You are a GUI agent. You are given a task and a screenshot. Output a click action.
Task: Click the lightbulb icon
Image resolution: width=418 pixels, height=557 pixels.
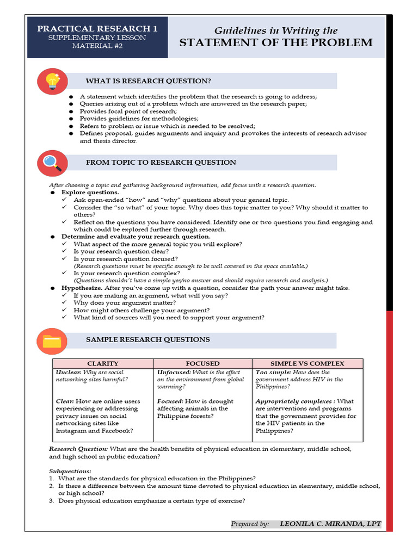point(52,81)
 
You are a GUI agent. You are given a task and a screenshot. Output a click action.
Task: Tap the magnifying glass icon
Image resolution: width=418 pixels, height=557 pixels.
point(52,162)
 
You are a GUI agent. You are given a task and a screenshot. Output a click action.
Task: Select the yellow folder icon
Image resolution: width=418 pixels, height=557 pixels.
point(52,341)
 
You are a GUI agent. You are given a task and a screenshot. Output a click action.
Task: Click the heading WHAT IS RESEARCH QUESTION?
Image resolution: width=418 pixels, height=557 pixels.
point(148,81)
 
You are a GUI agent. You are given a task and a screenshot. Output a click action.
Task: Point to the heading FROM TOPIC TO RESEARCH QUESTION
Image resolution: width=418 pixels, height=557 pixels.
point(161,162)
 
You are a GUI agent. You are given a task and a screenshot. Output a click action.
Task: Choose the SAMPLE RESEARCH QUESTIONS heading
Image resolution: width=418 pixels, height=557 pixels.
point(147,339)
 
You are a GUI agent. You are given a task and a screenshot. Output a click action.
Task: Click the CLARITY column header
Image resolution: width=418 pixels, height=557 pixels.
point(103,363)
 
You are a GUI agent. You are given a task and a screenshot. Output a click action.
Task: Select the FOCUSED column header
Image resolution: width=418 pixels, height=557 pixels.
point(202,363)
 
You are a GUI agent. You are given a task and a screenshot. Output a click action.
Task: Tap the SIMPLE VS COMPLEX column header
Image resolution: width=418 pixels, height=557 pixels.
point(307,363)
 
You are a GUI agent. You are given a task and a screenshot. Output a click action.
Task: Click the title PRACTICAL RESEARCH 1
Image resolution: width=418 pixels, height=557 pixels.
point(97,28)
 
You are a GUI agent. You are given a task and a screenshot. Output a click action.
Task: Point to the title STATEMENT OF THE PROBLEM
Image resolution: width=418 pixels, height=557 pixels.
point(276,43)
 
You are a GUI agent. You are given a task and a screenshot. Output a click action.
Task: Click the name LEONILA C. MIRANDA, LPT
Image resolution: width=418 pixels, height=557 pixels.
point(330,524)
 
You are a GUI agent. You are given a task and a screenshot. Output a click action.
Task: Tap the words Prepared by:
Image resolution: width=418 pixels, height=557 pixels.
point(250,524)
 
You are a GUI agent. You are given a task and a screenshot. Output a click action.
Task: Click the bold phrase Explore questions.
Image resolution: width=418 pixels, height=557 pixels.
point(90,193)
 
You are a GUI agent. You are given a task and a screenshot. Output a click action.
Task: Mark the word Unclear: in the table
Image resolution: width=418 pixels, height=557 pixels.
point(68,373)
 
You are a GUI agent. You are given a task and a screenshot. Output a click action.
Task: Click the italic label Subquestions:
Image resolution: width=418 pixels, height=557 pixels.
point(70,471)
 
